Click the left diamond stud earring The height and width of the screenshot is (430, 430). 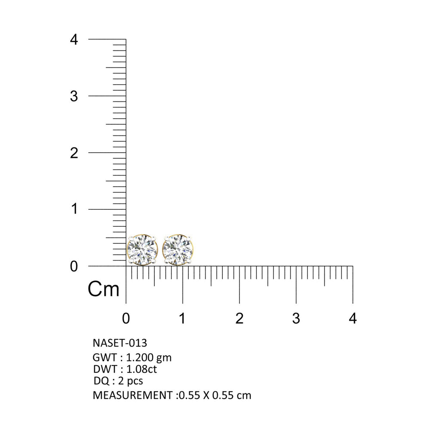tap(142, 249)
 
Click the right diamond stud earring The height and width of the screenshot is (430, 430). tap(178, 249)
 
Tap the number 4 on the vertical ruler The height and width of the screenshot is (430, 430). tap(74, 40)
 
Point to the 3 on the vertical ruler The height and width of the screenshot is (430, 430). tap(74, 96)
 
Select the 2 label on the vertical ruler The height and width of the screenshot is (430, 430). tap(74, 153)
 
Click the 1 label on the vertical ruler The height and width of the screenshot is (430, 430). tap(74, 209)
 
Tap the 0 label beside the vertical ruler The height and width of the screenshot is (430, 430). tap(74, 266)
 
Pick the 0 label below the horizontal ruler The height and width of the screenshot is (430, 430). tap(126, 318)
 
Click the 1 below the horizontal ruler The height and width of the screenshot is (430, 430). tap(182, 318)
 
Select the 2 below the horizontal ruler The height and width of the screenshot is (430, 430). tap(240, 318)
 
